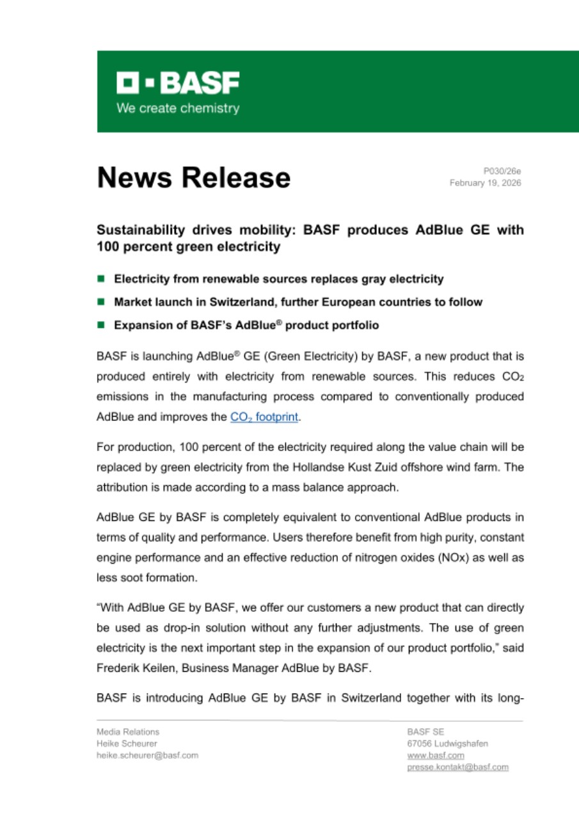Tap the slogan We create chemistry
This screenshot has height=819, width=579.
177,109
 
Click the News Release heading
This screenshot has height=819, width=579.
193,177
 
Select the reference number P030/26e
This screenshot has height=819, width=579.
502,171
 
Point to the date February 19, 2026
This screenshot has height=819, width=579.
485,183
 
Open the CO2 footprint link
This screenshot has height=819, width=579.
265,418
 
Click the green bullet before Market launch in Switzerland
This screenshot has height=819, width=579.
101,302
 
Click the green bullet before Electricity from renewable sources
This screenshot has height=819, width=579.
101,279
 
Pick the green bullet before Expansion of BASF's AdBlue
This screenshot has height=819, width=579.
101,325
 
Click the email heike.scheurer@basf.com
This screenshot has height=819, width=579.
147,755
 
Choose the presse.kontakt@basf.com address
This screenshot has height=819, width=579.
457,767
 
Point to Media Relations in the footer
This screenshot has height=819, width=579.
128,732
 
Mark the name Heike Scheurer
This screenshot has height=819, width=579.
127,743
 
